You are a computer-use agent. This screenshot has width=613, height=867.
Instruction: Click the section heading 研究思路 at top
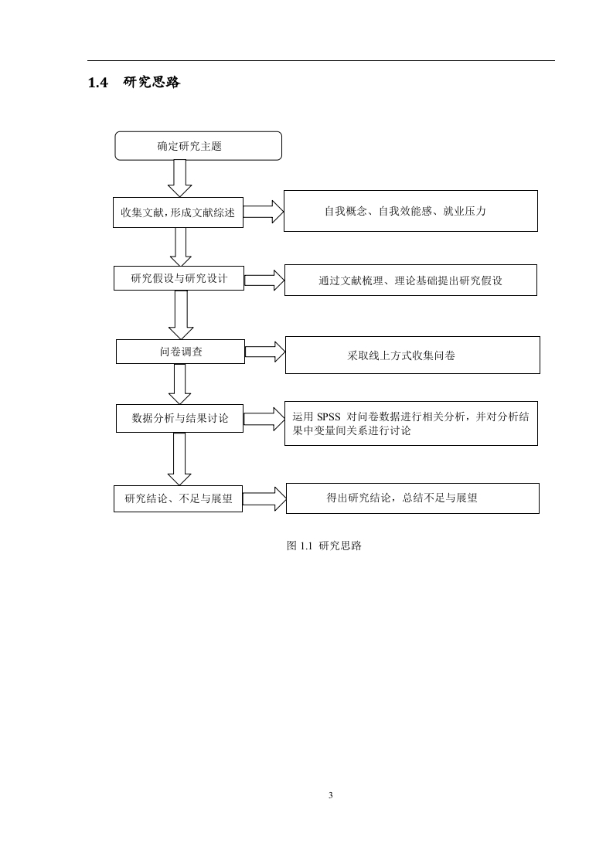(x=152, y=83)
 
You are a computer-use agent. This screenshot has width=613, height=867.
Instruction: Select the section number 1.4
(x=98, y=83)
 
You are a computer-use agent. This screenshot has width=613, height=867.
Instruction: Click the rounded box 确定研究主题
(x=198, y=146)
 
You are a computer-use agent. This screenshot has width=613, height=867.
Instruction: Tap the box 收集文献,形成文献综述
(x=178, y=212)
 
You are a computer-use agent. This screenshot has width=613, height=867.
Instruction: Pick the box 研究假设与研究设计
(x=179, y=278)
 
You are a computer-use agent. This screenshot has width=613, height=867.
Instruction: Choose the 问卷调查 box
(x=180, y=352)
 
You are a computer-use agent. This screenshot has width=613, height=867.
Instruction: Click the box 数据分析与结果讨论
(x=180, y=418)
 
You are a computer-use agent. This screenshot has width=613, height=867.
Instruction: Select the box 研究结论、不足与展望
(x=178, y=498)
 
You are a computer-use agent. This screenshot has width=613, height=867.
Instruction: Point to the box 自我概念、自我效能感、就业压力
(x=410, y=211)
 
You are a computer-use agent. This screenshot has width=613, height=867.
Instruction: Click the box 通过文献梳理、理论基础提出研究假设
(x=410, y=280)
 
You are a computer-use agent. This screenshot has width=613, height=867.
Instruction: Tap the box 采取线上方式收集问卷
(x=413, y=355)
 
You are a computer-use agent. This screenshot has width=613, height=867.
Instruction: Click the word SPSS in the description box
(x=329, y=417)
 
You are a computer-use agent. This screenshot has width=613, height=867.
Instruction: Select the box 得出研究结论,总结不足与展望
(x=413, y=498)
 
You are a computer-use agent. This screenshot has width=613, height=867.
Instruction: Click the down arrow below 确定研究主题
(x=180, y=178)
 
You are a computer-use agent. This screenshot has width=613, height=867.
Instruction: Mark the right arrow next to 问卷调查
(x=265, y=352)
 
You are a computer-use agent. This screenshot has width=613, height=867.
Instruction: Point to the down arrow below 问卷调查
(x=180, y=384)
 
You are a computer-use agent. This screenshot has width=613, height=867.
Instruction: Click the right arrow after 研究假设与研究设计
(x=264, y=280)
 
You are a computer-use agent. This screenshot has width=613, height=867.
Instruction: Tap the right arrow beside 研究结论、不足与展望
(x=264, y=498)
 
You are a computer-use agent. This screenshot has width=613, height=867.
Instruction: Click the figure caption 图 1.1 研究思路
(x=324, y=546)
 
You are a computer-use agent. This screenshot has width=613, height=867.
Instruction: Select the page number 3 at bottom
(x=331, y=796)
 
